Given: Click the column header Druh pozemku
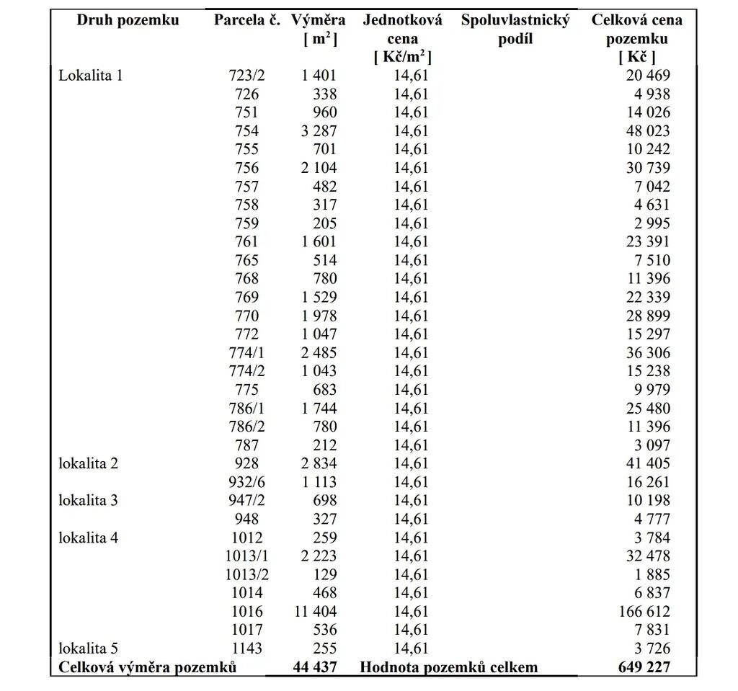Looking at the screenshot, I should [128, 20].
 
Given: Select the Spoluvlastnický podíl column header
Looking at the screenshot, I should [515, 29].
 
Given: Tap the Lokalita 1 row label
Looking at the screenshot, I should [91, 75].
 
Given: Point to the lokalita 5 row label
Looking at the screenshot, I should [88, 648].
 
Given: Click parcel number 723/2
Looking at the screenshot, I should [246, 75].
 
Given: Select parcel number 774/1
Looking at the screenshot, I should [246, 352].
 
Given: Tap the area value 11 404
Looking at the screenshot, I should [315, 612].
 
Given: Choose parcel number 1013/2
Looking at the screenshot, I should [246, 574].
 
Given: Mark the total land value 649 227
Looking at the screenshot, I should [644, 667].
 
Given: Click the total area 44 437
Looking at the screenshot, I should [315, 667].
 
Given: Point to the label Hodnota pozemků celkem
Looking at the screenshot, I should [448, 667].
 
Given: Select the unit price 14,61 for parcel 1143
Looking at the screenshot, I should [411, 648].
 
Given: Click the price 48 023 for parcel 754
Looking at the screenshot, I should [647, 131].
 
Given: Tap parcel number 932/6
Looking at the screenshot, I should [246, 482].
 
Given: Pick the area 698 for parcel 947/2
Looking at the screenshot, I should [325, 500].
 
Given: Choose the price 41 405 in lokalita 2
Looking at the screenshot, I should [647, 463].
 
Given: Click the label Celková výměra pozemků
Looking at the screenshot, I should [148, 667].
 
